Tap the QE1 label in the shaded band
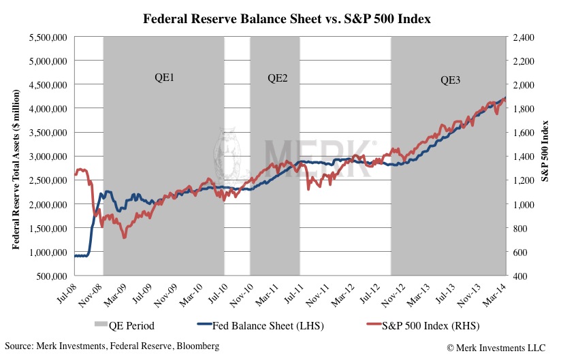click(165, 78)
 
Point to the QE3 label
click(450, 80)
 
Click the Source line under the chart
click(112, 347)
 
